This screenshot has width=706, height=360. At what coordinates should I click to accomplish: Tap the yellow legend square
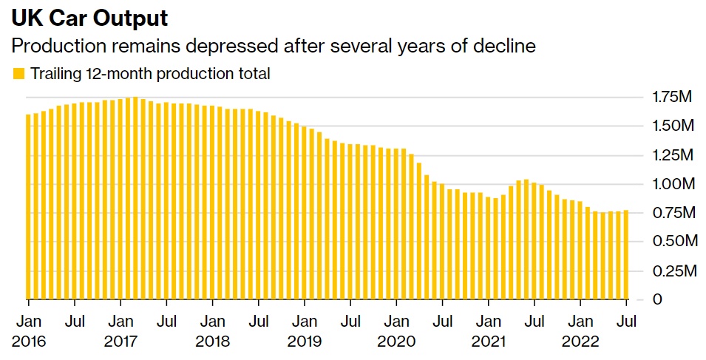[18, 74]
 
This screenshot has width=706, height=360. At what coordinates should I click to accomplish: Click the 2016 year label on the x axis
[28, 342]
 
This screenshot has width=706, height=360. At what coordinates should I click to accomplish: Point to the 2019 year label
[305, 342]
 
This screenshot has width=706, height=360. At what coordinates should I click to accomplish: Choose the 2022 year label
[580, 342]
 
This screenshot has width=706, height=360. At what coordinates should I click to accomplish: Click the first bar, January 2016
[29, 207]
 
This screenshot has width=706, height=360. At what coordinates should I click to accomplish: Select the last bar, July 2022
[626, 255]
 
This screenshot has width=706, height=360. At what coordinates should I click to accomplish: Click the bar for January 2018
[212, 203]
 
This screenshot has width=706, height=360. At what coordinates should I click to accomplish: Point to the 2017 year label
[121, 342]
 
